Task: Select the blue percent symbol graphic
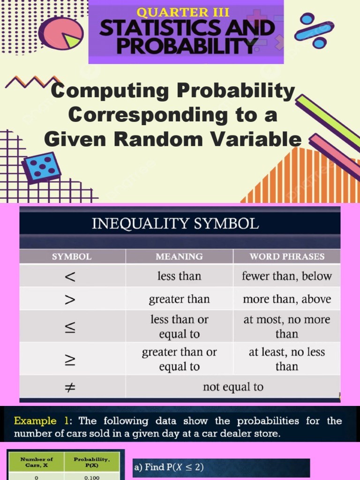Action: pyautogui.click(x=314, y=31)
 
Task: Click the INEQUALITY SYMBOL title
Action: pyautogui.click(x=175, y=224)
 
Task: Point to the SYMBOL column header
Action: pyautogui.click(x=72, y=256)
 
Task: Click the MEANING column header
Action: pyautogui.click(x=179, y=256)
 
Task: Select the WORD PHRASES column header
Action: pyautogui.click(x=287, y=256)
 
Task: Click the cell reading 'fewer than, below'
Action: pyautogui.click(x=287, y=277)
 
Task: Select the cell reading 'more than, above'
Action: pyautogui.click(x=287, y=299)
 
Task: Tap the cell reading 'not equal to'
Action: pyautogui.click(x=233, y=387)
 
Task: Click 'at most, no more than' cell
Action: pyautogui.click(x=287, y=327)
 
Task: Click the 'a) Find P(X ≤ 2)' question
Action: pyautogui.click(x=169, y=467)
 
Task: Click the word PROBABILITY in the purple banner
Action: pyautogui.click(x=186, y=46)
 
